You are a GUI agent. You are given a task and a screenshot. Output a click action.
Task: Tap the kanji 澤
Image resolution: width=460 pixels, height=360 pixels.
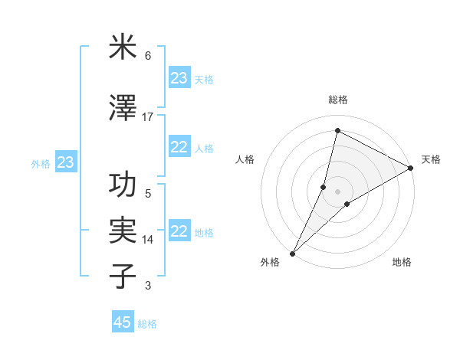pos(123,109)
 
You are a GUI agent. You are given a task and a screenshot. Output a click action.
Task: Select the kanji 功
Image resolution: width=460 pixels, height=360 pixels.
pos(123,185)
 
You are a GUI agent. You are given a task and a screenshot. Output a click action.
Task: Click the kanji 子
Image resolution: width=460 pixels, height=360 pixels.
pos(123,277)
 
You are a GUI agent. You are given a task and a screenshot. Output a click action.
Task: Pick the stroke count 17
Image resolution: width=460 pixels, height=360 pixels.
pos(148,117)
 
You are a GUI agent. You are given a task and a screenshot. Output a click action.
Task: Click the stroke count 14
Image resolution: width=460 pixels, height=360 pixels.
pos(148,240)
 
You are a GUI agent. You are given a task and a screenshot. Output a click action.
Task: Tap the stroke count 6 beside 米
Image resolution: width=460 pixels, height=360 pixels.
pos(148,56)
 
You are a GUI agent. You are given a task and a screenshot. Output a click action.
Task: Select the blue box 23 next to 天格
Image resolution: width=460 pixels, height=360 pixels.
pos(179,78)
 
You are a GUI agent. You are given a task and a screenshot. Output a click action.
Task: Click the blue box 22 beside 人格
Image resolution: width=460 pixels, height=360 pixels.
pos(179,147)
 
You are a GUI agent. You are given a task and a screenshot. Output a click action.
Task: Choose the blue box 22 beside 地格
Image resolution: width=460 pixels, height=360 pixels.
pos(179,231)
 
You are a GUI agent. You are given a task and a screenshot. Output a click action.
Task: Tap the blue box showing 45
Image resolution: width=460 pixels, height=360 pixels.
pos(123,322)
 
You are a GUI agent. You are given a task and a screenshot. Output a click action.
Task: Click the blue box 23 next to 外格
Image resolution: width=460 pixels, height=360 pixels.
pos(66,162)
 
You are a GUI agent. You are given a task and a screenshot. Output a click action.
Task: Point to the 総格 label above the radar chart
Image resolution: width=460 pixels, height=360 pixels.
pos(338,100)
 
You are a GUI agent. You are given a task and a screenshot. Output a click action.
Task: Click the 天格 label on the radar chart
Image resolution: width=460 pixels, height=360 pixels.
pos(431,159)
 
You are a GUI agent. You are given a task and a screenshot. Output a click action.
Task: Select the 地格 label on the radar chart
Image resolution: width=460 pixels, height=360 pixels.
pos(402,262)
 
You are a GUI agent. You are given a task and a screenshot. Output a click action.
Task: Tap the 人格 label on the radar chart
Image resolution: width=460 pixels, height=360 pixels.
pos(245,159)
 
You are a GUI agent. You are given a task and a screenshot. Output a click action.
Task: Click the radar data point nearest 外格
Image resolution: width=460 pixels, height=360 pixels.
pos(292,253)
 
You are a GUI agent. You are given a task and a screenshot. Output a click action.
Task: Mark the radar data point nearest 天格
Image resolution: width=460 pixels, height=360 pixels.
pos(411,169)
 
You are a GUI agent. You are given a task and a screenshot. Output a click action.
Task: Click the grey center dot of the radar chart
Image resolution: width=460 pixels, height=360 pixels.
pos(338,191)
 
